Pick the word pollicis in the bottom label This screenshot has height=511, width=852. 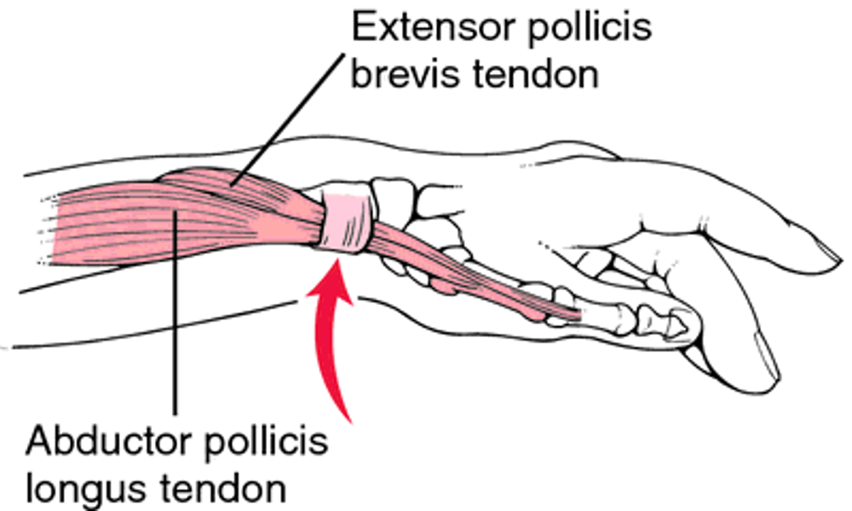262,444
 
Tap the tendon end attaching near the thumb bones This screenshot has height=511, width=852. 571,313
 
